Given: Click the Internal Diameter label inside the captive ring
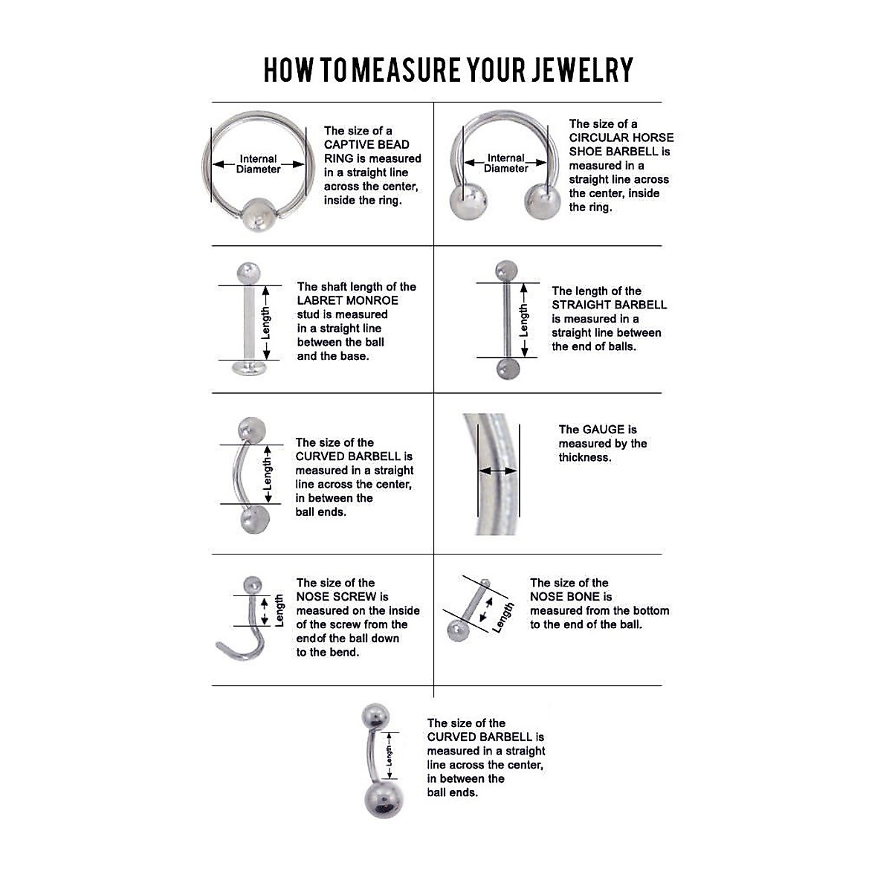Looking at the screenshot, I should (258, 164).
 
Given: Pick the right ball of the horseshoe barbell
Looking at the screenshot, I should (543, 201).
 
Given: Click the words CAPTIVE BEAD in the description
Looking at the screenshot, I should (366, 145).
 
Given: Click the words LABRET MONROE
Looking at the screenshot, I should (347, 301).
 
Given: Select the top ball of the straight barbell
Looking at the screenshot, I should (505, 270).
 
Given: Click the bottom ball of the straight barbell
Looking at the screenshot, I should (507, 368).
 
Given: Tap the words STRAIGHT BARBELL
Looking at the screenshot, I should (609, 305).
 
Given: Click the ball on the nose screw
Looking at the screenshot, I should (253, 584).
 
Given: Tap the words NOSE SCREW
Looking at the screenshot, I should (336, 597).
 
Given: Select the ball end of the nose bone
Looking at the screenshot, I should (454, 631).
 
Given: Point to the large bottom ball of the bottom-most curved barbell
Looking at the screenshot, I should (384, 798).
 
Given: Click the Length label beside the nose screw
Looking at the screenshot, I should (279, 610).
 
